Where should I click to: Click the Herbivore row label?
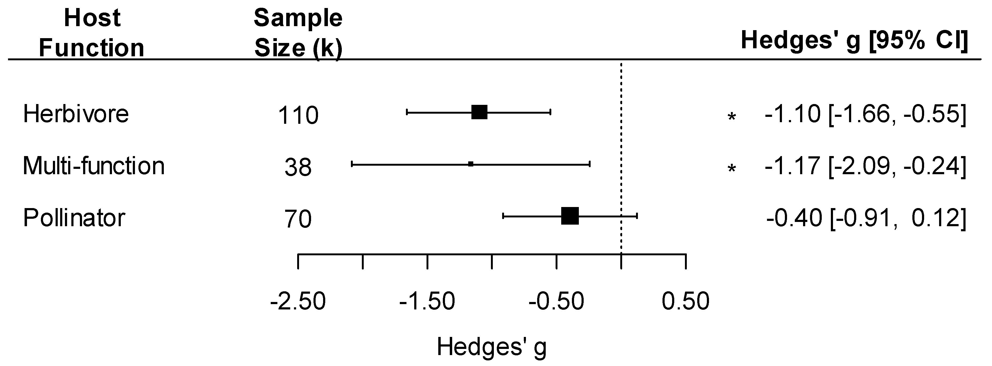[76, 114]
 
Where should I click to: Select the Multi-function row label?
[94, 166]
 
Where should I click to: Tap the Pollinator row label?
[74, 218]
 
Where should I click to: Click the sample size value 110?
[298, 115]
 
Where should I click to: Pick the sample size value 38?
[298, 167]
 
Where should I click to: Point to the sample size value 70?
[298, 219]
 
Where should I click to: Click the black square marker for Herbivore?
[479, 112]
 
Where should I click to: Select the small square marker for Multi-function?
[471, 164]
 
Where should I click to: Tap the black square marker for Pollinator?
[570, 216]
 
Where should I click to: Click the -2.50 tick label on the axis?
[298, 301]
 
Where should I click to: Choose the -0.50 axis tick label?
[556, 301]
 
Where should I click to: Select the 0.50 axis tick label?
[685, 301]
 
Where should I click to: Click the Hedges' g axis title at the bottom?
[491, 347]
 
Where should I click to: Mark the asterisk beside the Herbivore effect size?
[731, 117]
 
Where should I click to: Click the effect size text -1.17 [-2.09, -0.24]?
[865, 166]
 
